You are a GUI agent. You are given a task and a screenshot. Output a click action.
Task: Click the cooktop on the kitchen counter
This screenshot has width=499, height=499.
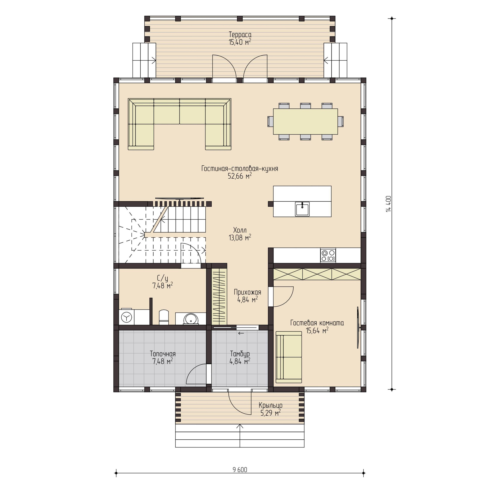[x=328, y=255]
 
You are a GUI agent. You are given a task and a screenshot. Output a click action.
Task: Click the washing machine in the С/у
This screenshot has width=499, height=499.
[x=127, y=317]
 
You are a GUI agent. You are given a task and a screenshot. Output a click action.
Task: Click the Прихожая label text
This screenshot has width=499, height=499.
[x=247, y=292]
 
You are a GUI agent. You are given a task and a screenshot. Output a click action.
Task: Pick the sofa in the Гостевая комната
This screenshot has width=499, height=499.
[x=289, y=357]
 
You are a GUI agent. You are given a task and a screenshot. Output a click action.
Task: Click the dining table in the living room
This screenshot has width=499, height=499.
[x=305, y=121]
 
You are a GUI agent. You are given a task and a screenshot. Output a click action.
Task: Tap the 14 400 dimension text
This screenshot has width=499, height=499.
[x=388, y=204]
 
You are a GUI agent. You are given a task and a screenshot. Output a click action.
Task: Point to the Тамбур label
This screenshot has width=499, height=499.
[x=240, y=354]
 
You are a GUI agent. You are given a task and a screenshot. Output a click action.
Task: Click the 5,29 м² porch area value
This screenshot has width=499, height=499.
[x=270, y=413]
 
